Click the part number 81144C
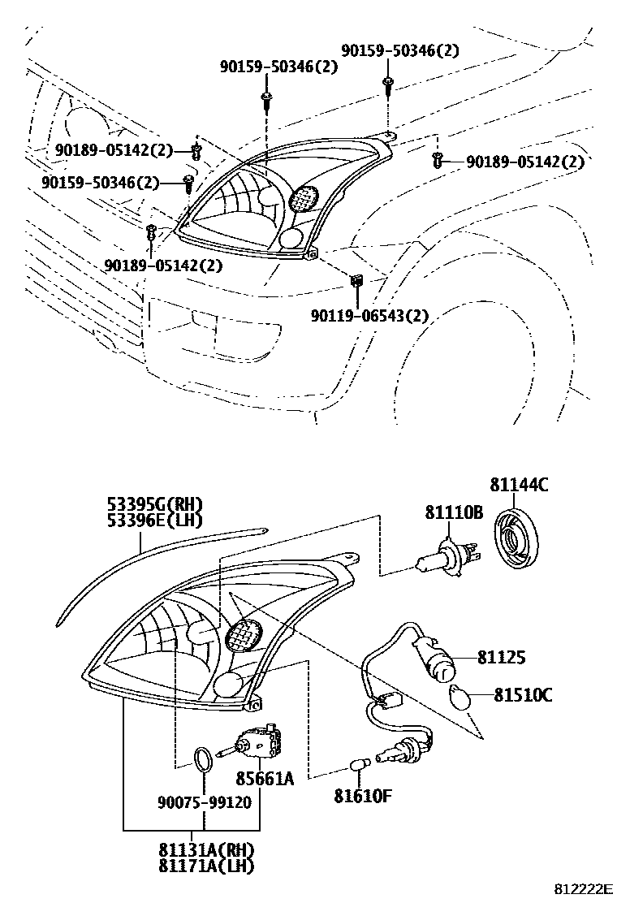[x=519, y=486]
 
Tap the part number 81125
[x=502, y=658]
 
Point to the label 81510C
[x=523, y=694]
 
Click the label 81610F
[x=363, y=795]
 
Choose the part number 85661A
[x=264, y=780]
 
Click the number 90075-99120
[x=204, y=802]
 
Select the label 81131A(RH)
[x=206, y=850]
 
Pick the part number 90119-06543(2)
[x=369, y=315]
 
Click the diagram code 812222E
[x=584, y=890]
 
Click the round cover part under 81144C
[x=517, y=538]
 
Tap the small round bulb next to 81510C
[x=460, y=696]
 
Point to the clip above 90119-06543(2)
[x=356, y=281]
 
